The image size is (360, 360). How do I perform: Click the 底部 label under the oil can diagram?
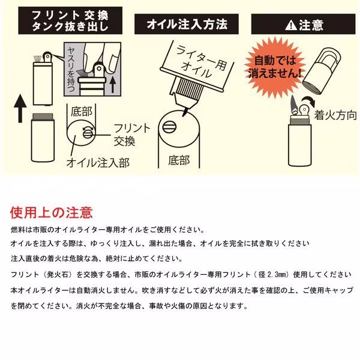179,160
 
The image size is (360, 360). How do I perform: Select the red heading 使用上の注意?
51,212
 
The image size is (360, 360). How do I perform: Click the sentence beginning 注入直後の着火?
96,259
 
